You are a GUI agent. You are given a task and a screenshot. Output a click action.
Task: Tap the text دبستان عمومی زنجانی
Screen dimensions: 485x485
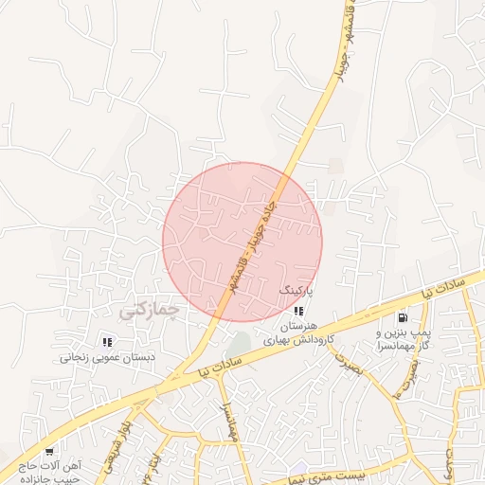click(102, 358)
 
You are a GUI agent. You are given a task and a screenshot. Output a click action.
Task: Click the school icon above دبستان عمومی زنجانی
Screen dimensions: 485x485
click(107, 342)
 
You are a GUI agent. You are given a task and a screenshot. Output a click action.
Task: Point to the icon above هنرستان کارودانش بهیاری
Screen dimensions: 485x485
click(298, 311)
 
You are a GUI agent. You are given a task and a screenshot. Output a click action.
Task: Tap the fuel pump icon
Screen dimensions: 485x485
click(403, 318)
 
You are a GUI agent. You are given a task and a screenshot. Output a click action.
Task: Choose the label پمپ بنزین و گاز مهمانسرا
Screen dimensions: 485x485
click(406, 340)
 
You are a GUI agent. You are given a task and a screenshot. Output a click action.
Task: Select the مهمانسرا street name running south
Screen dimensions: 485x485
click(228, 416)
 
